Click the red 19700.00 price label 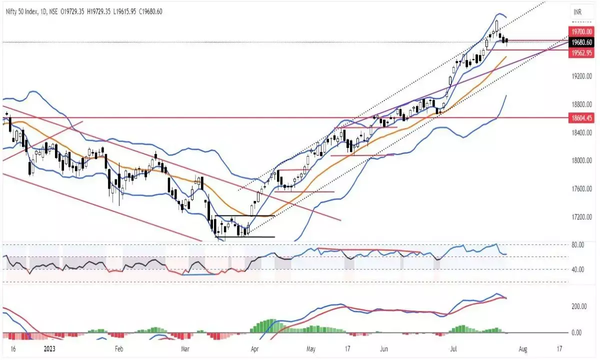click(582, 31)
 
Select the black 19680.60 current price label click(582, 42)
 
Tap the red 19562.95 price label click(582, 52)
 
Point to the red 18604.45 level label click(582, 118)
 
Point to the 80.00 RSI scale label click(578, 244)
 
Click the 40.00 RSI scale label click(578, 269)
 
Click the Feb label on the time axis click(118, 348)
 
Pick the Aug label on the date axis click(522, 348)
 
